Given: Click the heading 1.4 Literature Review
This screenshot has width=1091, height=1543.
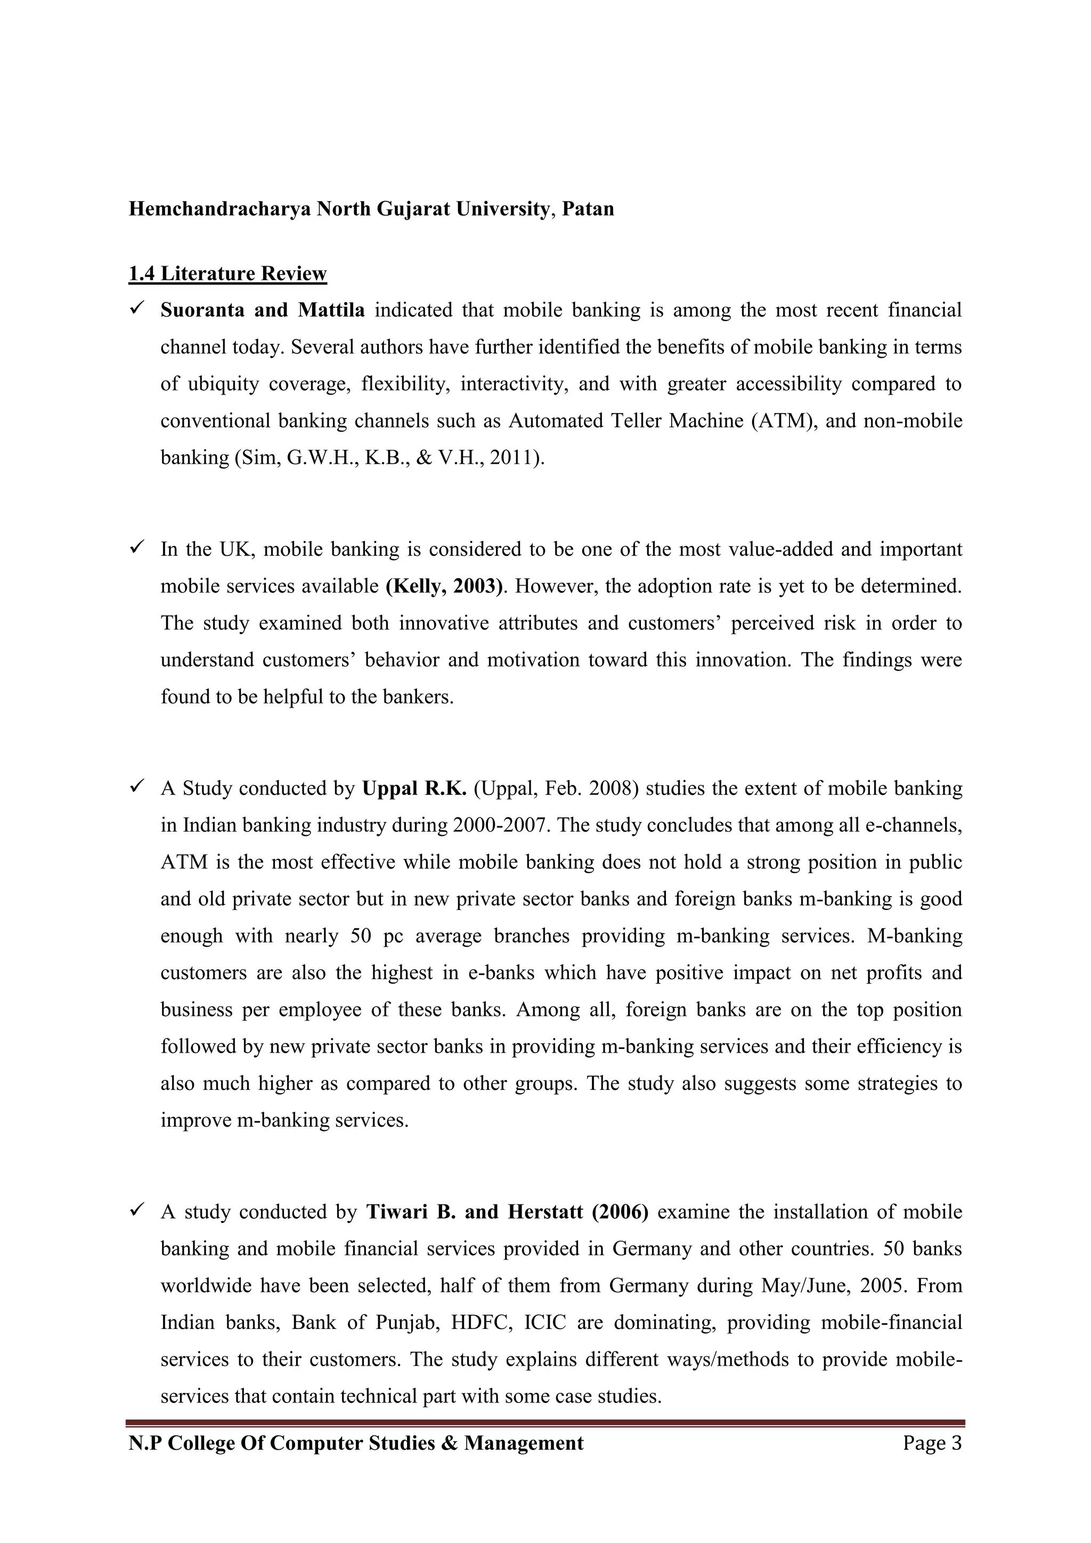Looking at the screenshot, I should (x=227, y=274).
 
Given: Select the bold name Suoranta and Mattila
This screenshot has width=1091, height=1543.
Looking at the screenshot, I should (x=262, y=310).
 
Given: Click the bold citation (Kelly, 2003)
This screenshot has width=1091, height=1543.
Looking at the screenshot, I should (x=444, y=586).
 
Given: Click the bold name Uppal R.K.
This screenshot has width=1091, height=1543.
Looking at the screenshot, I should (x=414, y=789).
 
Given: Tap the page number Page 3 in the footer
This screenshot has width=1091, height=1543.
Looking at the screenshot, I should (x=932, y=1443).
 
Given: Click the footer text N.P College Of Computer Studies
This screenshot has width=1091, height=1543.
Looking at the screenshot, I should (x=356, y=1443).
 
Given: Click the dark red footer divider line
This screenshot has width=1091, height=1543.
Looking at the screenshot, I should (x=545, y=1422).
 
